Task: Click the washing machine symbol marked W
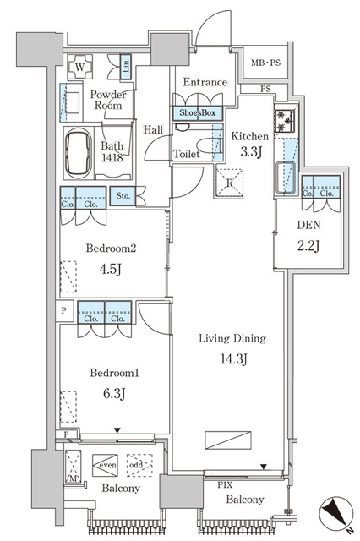click(x=79, y=67)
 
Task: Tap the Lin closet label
click(x=126, y=67)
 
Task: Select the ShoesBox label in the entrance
click(x=197, y=112)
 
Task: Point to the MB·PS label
click(x=265, y=63)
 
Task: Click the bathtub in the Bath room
click(x=79, y=153)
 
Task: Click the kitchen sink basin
click(x=286, y=178)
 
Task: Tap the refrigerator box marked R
click(x=229, y=183)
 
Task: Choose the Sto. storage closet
click(x=123, y=195)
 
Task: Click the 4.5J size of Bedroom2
click(x=111, y=269)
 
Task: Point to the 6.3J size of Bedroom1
click(x=114, y=393)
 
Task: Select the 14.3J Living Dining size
click(x=234, y=359)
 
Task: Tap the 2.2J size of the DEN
click(x=308, y=246)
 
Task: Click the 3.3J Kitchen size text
click(x=251, y=151)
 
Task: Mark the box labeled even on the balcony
click(x=105, y=466)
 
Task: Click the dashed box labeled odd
click(x=139, y=465)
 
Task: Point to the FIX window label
click(x=225, y=485)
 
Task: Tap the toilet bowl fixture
click(x=206, y=145)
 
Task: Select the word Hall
click(x=154, y=129)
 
